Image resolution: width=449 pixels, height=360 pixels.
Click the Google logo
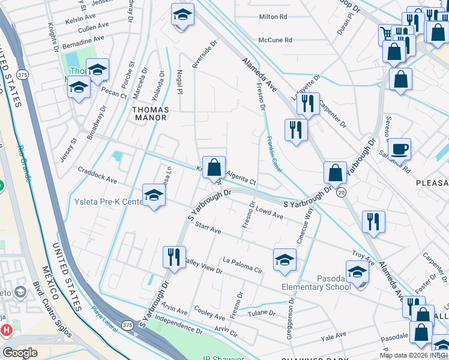point(20,353)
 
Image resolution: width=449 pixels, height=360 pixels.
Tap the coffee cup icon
point(399,148)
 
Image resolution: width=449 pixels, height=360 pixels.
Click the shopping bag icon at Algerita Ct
point(214,167)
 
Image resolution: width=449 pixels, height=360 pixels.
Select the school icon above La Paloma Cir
point(285,259)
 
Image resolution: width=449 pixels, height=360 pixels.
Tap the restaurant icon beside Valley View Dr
point(174,256)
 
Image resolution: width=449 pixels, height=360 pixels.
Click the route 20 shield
point(342,191)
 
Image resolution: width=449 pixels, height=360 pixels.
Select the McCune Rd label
point(275,40)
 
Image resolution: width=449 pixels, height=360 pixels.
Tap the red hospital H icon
point(7,329)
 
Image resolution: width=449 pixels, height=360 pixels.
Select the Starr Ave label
point(208,230)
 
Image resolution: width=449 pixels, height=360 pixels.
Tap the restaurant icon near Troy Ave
point(373,221)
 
